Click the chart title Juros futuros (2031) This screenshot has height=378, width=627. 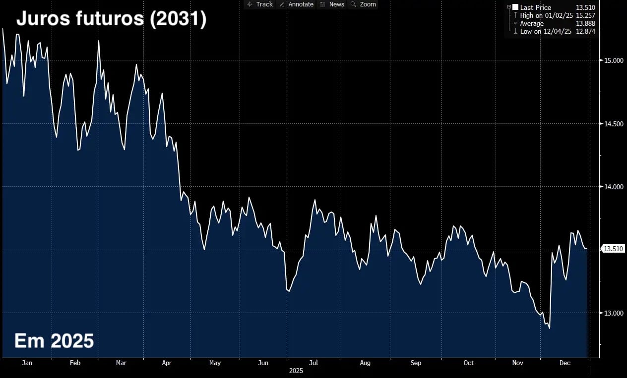click(111, 20)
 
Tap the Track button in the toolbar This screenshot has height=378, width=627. click(259, 4)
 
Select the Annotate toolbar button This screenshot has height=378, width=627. click(297, 4)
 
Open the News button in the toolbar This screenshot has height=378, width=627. click(332, 4)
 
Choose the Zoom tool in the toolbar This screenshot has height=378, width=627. click(364, 4)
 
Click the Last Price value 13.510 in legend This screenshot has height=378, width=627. click(585, 7)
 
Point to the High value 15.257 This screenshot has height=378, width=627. click(585, 15)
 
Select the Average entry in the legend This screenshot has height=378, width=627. click(532, 23)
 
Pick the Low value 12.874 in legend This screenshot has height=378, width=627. click(585, 31)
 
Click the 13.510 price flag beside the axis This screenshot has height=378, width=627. click(613, 249)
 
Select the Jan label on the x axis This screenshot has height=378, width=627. click(27, 363)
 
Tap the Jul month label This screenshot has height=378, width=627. click(313, 363)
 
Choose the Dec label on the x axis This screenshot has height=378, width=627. click(564, 363)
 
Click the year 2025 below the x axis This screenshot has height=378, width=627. click(296, 371)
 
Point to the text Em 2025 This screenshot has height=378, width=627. click(54, 341)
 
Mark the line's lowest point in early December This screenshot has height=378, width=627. click(549, 328)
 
